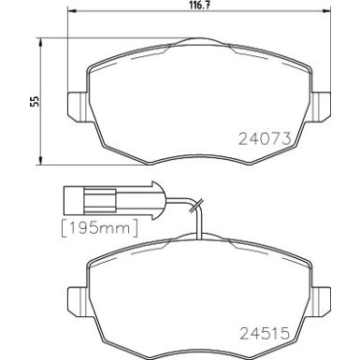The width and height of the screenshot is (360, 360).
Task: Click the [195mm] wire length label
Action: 98,227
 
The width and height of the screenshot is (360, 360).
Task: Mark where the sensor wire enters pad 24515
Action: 201,237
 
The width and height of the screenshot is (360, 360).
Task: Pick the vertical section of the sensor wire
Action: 201,222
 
